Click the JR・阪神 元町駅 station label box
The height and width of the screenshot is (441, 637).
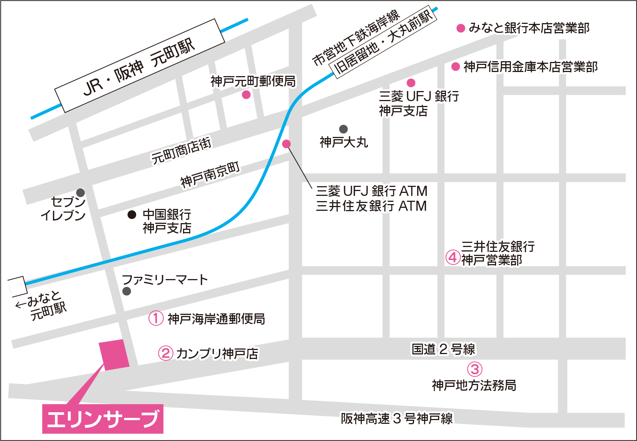click(x=139, y=65)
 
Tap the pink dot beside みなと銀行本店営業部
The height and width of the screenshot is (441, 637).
click(x=461, y=28)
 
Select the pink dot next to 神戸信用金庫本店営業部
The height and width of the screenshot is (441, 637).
click(x=455, y=67)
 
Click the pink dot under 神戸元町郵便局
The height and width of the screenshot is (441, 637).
click(x=246, y=95)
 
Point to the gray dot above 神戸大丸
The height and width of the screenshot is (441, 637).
click(x=343, y=129)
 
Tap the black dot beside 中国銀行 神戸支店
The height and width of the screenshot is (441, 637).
click(x=132, y=215)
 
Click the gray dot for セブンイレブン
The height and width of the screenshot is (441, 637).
click(x=81, y=193)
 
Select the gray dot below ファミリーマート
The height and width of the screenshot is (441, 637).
click(x=127, y=291)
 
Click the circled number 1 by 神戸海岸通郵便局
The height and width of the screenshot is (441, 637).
click(x=156, y=318)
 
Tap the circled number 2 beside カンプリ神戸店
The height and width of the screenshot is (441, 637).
click(x=165, y=353)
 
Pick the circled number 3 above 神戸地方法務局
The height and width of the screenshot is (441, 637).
click(x=474, y=369)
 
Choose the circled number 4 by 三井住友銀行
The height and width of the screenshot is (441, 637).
click(x=453, y=257)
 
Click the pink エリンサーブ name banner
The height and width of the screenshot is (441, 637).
click(x=103, y=419)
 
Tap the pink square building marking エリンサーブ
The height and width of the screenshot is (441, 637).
click(x=114, y=355)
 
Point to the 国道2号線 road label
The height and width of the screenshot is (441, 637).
click(x=443, y=349)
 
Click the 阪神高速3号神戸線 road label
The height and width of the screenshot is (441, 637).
click(x=397, y=419)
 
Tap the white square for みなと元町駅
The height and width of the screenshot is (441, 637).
click(x=17, y=287)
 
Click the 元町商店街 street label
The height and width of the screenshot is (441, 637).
click(x=181, y=151)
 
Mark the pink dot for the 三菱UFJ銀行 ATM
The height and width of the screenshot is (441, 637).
click(x=286, y=144)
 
